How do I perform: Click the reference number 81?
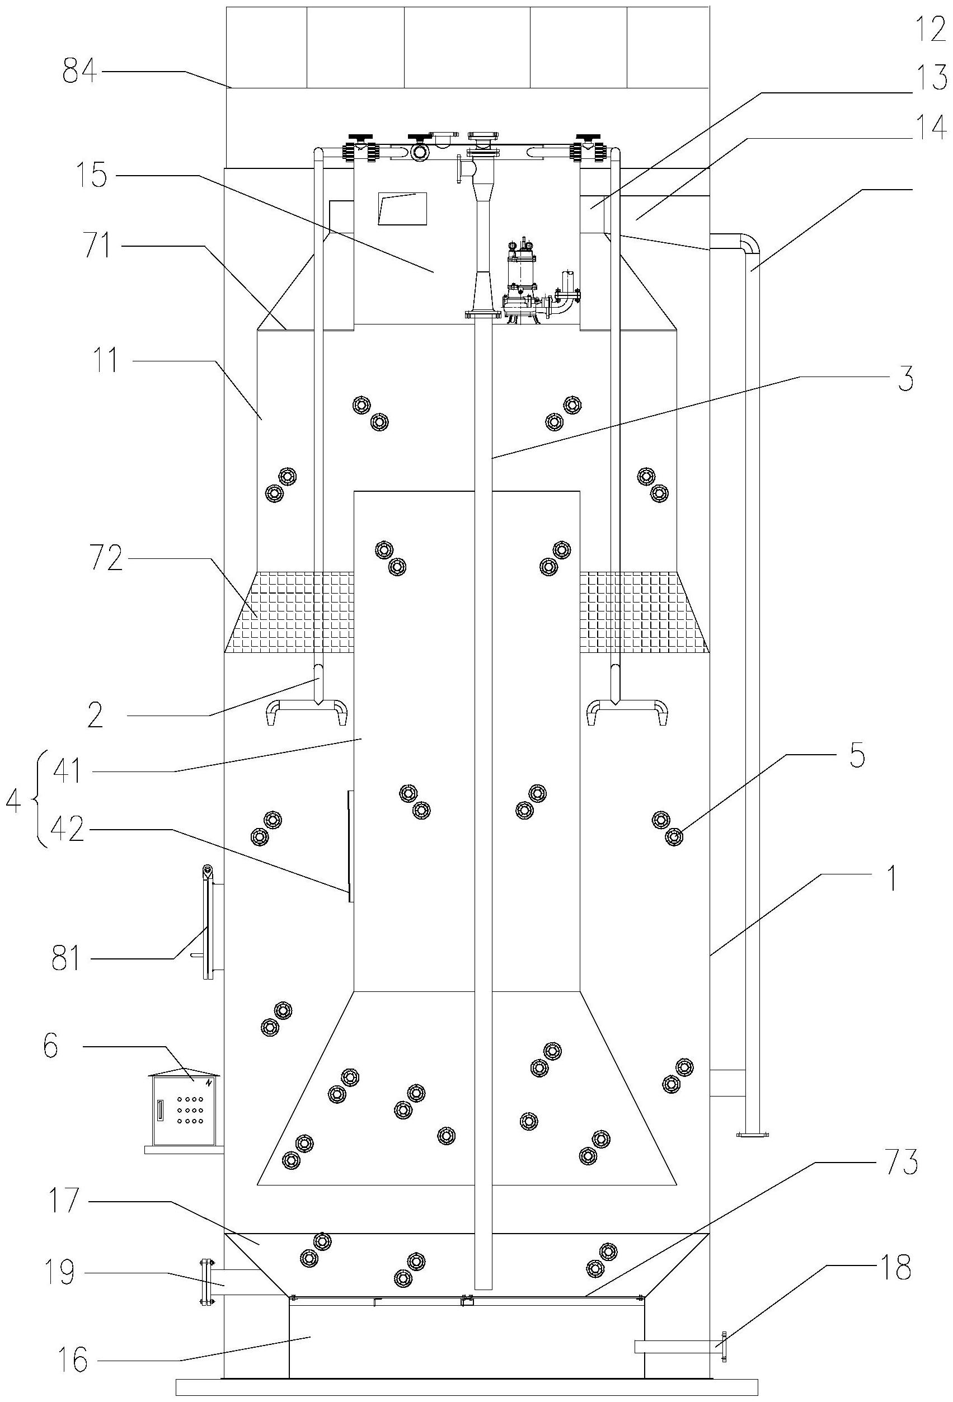coord(67,958)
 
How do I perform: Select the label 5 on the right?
coord(857,757)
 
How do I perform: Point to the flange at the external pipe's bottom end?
coord(752,1134)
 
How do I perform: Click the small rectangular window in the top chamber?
coord(402,209)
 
